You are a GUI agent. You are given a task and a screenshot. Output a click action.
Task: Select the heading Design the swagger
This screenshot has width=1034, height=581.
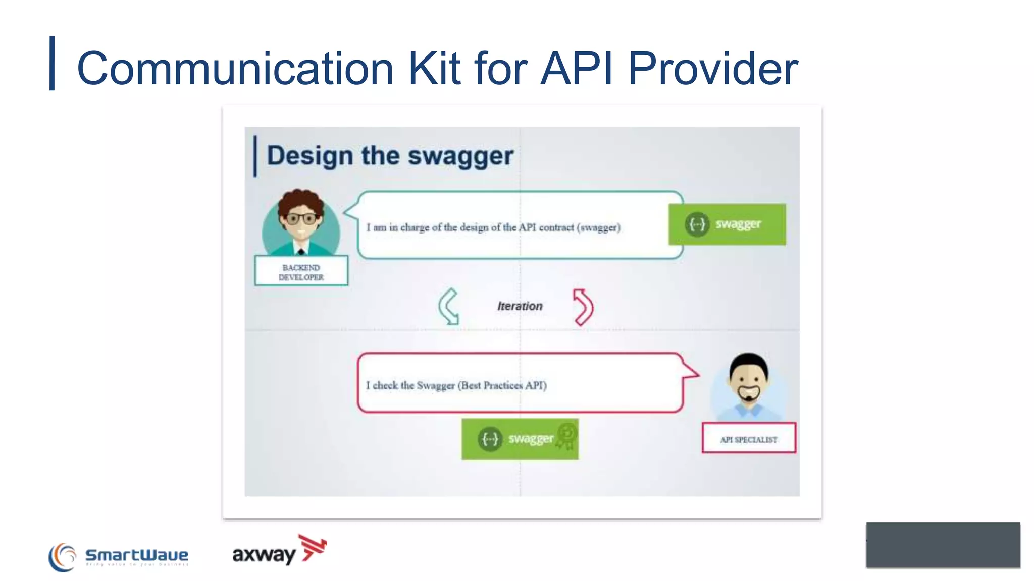pos(390,156)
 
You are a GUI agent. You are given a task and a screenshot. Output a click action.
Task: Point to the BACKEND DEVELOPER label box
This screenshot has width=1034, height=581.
pos(301,272)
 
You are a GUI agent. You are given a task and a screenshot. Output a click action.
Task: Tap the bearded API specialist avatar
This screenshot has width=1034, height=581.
pos(749,383)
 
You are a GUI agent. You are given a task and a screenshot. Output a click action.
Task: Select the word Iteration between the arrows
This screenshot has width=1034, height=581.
pos(520,306)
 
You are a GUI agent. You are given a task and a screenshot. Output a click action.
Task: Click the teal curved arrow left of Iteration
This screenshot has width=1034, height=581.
pos(448,306)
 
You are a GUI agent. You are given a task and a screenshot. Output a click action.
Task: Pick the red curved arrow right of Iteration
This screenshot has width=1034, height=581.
pos(583,307)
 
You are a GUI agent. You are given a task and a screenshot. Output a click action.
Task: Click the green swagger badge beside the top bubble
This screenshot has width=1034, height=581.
pos(727,224)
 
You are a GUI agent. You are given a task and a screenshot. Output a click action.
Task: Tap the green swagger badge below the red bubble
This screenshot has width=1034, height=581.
pos(520,439)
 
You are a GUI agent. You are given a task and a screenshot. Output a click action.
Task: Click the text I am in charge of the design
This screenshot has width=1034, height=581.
pos(493,227)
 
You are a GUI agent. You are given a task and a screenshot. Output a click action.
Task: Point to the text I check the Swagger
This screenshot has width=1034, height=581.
pos(456,386)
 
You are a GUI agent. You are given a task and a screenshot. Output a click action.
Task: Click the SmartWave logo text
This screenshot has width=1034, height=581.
pos(137,555)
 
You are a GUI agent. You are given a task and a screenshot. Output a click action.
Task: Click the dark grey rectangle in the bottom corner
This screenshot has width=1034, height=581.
pos(943,545)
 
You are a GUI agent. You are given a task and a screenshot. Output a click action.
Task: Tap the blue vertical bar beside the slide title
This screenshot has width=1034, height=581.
pos(52,63)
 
